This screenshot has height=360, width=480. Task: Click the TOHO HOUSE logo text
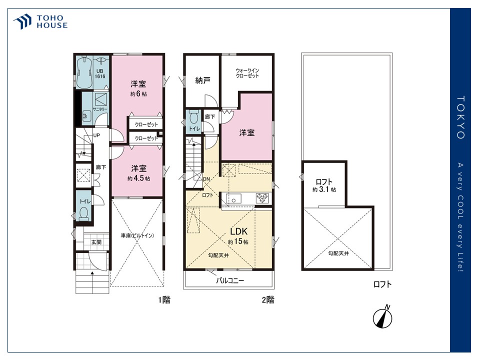(52, 21)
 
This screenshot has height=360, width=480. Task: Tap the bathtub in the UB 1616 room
(84, 72)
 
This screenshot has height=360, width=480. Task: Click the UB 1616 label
(100, 74)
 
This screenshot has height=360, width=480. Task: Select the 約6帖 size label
(138, 93)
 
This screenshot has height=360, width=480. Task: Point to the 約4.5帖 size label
(138, 178)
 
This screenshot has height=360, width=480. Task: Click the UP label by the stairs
(96, 135)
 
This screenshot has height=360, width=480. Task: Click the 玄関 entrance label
(96, 242)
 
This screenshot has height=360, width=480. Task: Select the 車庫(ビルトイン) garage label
(137, 235)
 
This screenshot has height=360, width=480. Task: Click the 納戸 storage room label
(202, 80)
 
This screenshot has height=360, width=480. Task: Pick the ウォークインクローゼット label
(247, 73)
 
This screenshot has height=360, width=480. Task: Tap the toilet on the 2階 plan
(193, 117)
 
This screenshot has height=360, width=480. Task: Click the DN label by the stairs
(206, 179)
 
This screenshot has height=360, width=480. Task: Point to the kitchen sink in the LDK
(233, 198)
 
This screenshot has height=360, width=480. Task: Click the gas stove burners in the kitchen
(262, 198)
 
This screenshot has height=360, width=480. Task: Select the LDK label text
(239, 231)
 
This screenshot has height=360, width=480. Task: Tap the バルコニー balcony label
(230, 280)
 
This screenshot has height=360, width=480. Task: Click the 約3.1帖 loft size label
(324, 189)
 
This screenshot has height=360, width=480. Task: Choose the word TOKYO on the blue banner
(460, 117)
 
